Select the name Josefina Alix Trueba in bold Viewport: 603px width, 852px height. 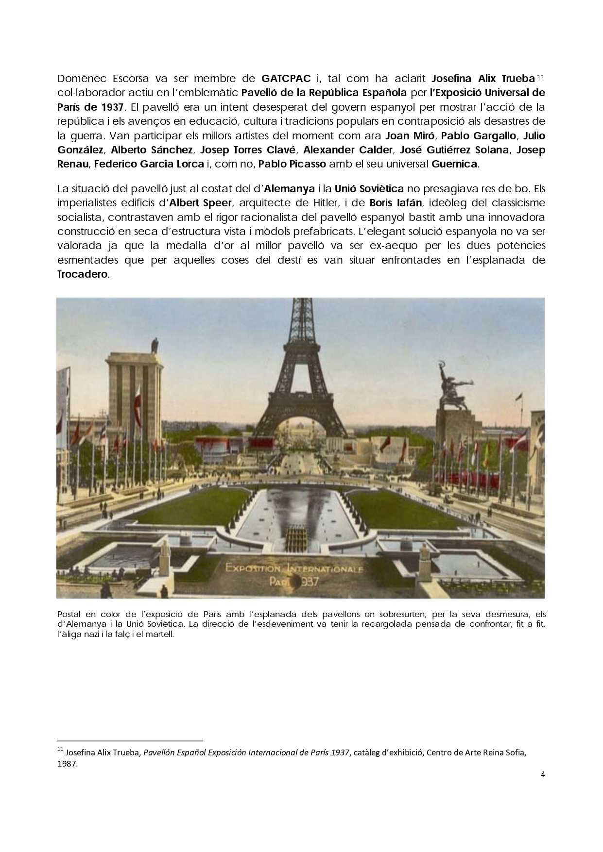tap(483, 78)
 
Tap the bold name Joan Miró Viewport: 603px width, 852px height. tap(410, 135)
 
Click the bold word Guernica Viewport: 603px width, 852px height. tap(454, 164)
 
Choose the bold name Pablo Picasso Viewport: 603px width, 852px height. tap(293, 164)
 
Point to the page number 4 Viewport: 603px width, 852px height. tap(543, 774)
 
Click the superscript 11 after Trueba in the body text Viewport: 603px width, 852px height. tap(540, 76)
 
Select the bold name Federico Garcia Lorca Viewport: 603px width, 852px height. tap(149, 164)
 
